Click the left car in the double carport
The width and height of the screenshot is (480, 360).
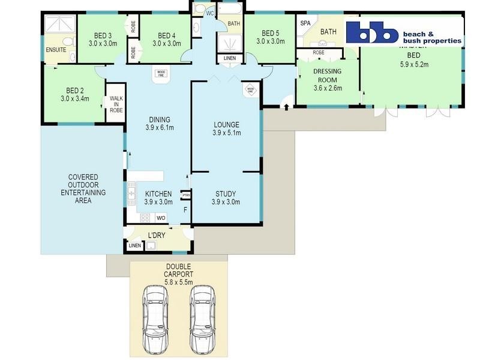coord(155,313)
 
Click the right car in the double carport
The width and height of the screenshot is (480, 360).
coord(202,313)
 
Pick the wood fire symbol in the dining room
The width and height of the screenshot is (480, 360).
coord(161,74)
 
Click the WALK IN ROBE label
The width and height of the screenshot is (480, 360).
coord(116,105)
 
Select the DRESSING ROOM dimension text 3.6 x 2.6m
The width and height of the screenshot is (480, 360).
coord(328,88)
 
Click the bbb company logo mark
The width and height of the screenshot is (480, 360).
coord(372,32)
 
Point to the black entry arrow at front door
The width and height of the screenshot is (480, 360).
coord(286,107)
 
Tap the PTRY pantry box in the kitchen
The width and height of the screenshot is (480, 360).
coord(186,194)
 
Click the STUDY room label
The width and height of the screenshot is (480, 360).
coord(225,194)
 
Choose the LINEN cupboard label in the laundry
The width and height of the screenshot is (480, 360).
coord(134,245)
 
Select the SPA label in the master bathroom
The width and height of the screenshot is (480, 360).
coord(305,23)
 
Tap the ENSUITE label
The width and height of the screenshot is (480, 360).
coord(55,50)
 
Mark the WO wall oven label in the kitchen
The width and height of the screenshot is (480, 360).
coord(161,218)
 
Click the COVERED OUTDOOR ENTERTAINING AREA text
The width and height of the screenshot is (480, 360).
coord(83,188)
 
